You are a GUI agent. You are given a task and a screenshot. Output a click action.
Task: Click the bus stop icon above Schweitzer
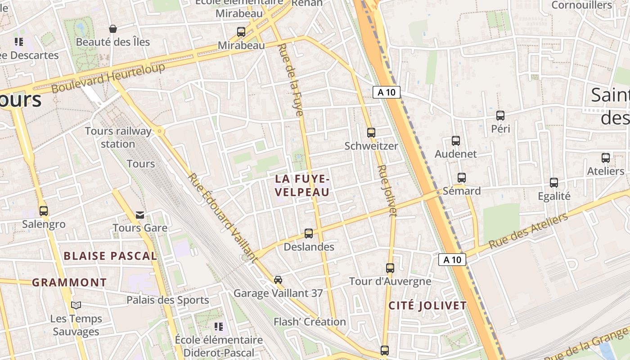click(x=371, y=133)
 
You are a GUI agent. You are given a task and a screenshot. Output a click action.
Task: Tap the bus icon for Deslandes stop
click(x=309, y=234)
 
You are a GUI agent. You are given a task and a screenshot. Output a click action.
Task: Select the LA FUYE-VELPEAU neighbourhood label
click(x=302, y=185)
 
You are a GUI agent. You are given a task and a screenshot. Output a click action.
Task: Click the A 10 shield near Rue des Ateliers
click(x=452, y=260)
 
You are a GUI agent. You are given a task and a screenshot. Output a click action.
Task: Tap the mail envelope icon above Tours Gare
click(x=140, y=215)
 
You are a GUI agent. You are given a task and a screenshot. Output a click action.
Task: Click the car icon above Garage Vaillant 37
click(x=278, y=280)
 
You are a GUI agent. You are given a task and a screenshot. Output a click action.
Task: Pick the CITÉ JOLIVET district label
click(x=427, y=306)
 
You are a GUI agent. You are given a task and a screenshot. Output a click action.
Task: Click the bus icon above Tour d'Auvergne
click(x=390, y=268)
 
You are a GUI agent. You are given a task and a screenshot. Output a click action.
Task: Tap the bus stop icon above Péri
click(x=500, y=116)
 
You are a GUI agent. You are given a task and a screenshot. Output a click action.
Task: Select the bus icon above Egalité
click(x=554, y=183)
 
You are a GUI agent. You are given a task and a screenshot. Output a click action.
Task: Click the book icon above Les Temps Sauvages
click(x=76, y=306)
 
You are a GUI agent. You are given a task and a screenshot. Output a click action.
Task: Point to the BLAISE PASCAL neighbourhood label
click(x=110, y=256)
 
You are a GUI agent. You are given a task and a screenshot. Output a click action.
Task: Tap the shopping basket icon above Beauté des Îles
click(x=112, y=29)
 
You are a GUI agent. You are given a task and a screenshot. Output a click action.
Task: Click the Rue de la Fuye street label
click(x=291, y=80)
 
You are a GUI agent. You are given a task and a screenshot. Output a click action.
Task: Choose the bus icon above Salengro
click(x=44, y=211)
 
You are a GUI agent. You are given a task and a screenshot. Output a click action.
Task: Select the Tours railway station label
click(x=118, y=137)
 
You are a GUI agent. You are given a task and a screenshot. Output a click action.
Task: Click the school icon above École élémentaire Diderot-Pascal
click(x=219, y=327)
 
